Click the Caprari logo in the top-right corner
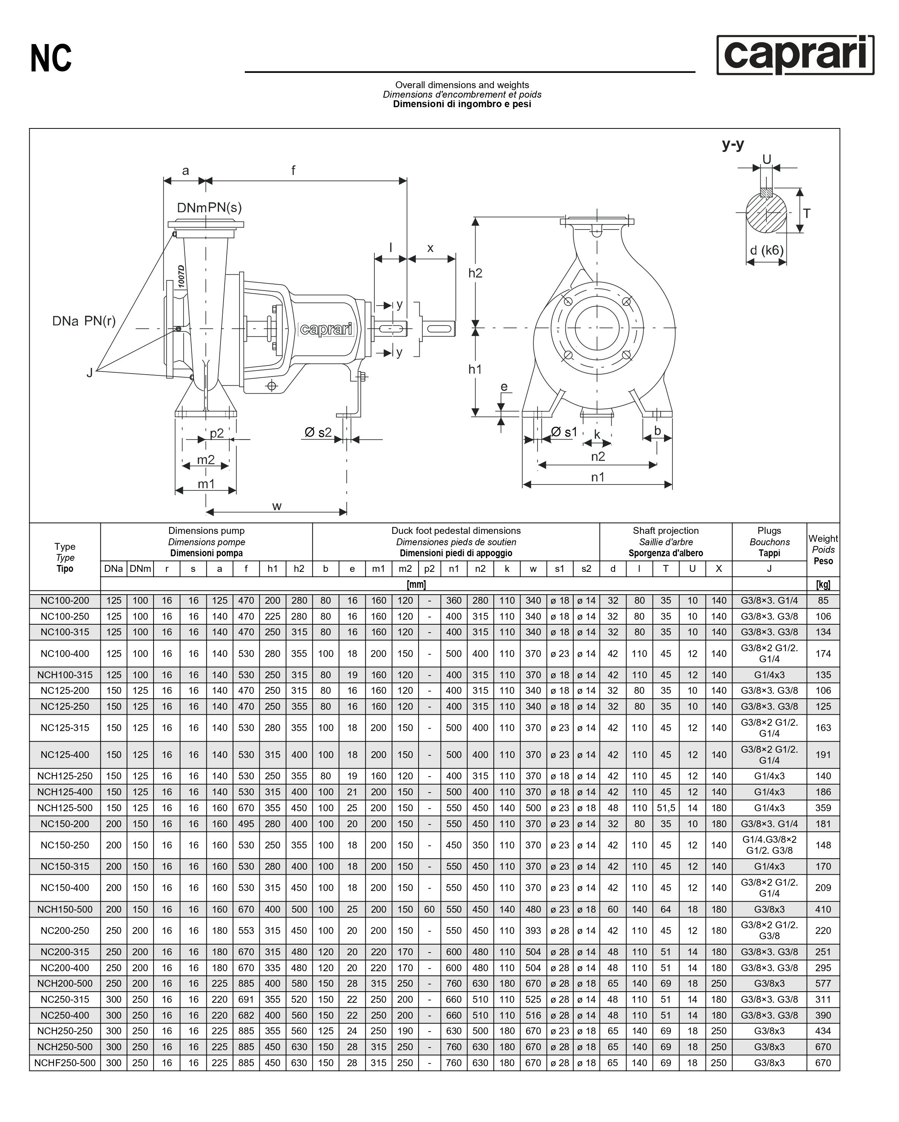pos(795,55)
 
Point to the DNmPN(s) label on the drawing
pos(209,207)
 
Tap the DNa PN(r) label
pos(84,321)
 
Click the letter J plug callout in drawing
pos(90,373)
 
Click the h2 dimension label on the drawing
pos(475,273)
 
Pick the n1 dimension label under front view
pos(598,477)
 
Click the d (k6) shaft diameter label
pos(766,250)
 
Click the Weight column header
pos(823,549)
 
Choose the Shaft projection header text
pos(665,531)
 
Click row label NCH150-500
pos(65,909)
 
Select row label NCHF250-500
pos(65,1063)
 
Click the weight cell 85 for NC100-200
pos(823,601)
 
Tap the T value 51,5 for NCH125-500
pos(666,808)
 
